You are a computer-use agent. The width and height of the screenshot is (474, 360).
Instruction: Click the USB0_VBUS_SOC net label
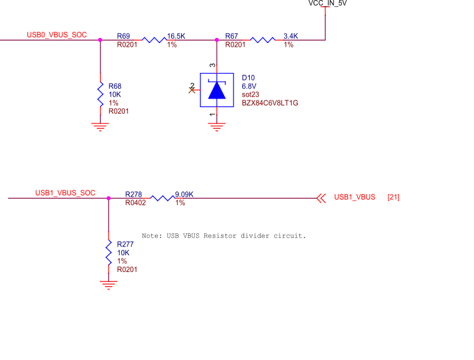(57, 35)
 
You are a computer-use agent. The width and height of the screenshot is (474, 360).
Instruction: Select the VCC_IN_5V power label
(327, 4)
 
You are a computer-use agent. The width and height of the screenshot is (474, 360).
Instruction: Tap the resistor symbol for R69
(154, 40)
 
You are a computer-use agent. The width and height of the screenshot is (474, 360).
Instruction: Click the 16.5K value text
(176, 36)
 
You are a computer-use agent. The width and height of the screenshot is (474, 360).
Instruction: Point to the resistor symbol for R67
(263, 40)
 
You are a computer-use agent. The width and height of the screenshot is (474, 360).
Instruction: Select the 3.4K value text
(290, 36)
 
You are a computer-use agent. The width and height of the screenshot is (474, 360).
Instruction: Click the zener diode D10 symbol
(217, 90)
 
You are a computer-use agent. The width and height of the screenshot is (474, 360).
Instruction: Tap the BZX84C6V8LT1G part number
(270, 103)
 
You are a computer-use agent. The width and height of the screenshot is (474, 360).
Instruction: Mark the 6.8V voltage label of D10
(249, 86)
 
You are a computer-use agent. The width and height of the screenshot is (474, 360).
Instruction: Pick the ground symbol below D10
(217, 127)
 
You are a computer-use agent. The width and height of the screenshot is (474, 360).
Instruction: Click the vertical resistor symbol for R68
(101, 94)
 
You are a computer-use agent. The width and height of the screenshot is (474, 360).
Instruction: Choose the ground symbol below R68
(101, 127)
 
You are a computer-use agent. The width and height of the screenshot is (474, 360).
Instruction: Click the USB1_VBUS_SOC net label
(66, 193)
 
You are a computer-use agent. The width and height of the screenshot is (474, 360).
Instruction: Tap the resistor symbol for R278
(162, 198)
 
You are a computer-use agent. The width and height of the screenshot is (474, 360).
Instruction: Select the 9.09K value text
(184, 195)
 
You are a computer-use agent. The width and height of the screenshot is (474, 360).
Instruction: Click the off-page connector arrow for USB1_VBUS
(322, 198)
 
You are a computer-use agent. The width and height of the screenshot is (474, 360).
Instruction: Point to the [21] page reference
(393, 198)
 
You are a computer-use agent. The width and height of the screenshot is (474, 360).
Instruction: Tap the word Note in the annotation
(152, 236)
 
